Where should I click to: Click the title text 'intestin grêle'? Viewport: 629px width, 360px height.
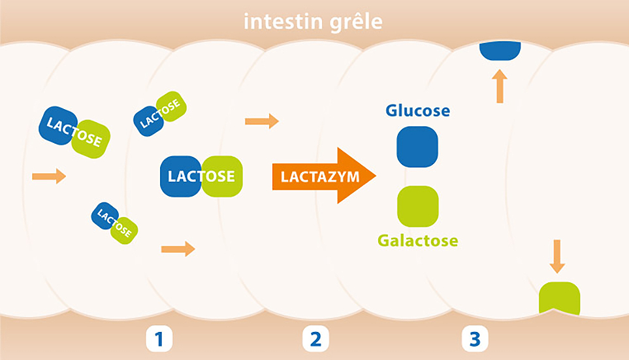click(x=313, y=22)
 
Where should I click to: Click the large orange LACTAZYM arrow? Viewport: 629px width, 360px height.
click(x=323, y=176)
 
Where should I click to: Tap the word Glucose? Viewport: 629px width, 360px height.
click(x=417, y=110)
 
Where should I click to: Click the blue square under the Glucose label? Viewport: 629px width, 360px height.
click(x=417, y=147)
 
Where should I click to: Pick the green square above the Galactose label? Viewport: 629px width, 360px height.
click(x=418, y=206)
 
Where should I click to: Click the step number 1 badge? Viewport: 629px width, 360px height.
click(x=159, y=339)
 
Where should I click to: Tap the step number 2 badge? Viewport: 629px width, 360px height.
click(x=315, y=339)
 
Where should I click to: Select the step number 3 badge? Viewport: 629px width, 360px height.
click(x=475, y=339)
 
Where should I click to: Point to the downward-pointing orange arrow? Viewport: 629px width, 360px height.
click(x=556, y=256)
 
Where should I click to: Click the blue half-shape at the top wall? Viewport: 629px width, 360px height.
click(x=500, y=50)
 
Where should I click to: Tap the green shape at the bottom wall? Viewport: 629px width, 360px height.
click(x=559, y=298)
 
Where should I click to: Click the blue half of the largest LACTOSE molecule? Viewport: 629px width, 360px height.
click(x=181, y=176)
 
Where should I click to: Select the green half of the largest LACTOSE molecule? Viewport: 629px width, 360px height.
click(x=222, y=176)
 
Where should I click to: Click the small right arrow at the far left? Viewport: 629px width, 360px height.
click(x=49, y=176)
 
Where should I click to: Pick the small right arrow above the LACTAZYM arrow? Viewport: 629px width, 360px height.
click(x=261, y=121)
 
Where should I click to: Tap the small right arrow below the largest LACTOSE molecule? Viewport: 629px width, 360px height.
click(x=178, y=248)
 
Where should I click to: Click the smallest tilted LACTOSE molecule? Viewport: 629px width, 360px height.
click(x=114, y=222)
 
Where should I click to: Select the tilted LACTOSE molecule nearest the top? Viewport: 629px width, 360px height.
click(x=160, y=114)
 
